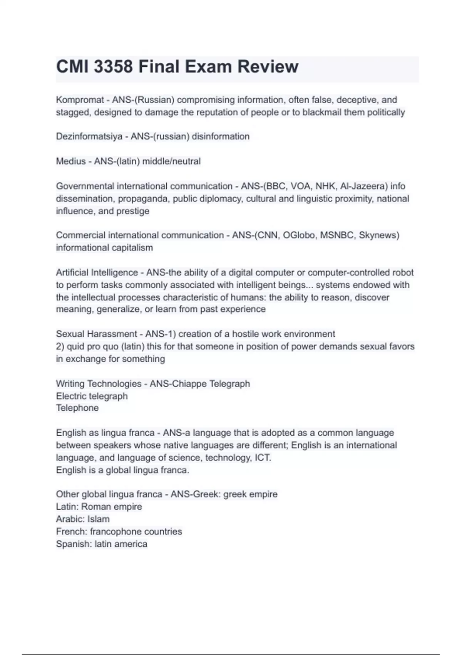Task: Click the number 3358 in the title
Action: [x=114, y=67]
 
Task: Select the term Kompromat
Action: [x=80, y=100]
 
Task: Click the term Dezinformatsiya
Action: [x=89, y=136]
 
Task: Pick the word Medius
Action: [x=71, y=161]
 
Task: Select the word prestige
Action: [x=133, y=211]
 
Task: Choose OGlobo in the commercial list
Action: [x=299, y=235]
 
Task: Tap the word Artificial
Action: [x=72, y=273]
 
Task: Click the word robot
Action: [x=403, y=273]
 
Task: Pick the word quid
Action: [x=75, y=346]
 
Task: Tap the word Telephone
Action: [x=77, y=408]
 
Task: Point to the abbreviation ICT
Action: [x=263, y=458]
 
